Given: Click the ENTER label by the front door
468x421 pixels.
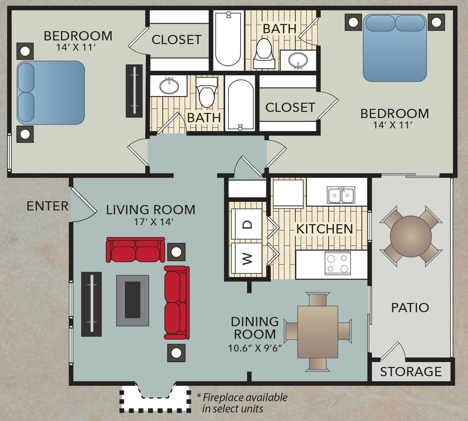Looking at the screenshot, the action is [x=47, y=206].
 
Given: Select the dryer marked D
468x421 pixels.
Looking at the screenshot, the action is [x=247, y=224].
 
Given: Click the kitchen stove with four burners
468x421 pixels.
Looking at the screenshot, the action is [x=338, y=263].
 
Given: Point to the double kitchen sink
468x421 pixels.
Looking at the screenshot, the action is [x=341, y=196].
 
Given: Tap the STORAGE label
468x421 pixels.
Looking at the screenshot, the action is [x=410, y=371].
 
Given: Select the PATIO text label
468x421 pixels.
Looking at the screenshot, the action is [x=410, y=307].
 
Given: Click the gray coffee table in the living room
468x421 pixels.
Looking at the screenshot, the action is [x=133, y=300].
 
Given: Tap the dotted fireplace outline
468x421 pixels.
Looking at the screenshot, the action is [x=155, y=399].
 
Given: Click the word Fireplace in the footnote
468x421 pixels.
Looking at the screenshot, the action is [x=225, y=397].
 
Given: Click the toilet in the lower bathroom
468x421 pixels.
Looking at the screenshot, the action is [x=206, y=92].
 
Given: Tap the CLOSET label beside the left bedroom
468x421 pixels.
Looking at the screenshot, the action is [x=176, y=39].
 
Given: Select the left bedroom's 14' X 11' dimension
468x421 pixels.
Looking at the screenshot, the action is [x=76, y=47].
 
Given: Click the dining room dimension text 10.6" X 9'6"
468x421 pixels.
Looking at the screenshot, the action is [x=255, y=348].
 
